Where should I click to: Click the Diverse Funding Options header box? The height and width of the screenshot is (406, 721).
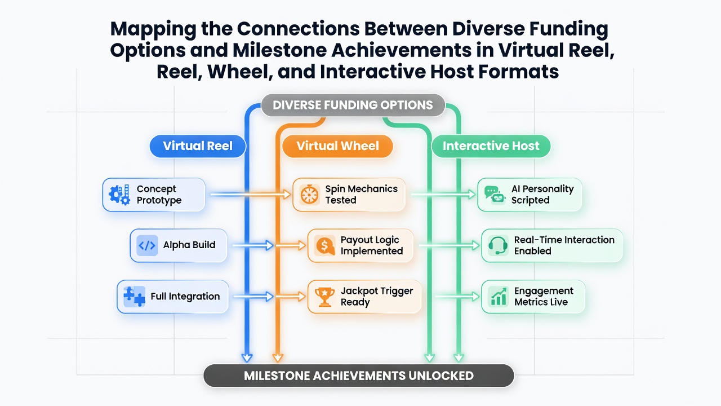(x=353, y=105)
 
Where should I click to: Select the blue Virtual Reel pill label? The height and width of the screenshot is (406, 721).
(x=198, y=146)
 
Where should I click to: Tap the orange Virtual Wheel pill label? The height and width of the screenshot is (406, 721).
(x=337, y=146)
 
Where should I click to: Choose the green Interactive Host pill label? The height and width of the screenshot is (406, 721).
(x=491, y=146)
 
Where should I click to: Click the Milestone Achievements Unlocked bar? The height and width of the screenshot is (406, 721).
(x=359, y=376)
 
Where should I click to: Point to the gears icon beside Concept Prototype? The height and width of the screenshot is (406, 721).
(x=119, y=195)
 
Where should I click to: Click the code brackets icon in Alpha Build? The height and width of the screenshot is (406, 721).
(x=147, y=245)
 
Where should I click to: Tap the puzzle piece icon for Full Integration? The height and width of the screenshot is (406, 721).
(x=134, y=297)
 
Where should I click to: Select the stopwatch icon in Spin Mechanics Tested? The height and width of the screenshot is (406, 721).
(x=309, y=195)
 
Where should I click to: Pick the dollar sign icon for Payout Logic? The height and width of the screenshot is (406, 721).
(x=325, y=245)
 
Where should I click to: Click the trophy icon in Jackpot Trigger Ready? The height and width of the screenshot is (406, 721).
(x=324, y=297)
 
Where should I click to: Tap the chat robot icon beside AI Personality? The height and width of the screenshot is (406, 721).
(x=495, y=195)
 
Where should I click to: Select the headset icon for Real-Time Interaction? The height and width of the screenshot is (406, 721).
(x=498, y=245)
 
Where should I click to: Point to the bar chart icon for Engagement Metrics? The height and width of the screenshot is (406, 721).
(x=499, y=297)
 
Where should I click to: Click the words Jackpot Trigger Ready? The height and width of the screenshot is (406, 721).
(x=377, y=297)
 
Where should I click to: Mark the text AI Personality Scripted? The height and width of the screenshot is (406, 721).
(x=542, y=195)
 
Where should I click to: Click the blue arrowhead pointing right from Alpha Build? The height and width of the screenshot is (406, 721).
(x=269, y=245)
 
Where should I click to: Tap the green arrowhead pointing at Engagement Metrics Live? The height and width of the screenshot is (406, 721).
(x=475, y=297)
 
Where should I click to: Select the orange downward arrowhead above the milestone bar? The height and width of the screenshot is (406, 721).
(x=278, y=358)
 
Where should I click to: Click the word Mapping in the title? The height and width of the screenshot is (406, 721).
(x=153, y=29)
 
